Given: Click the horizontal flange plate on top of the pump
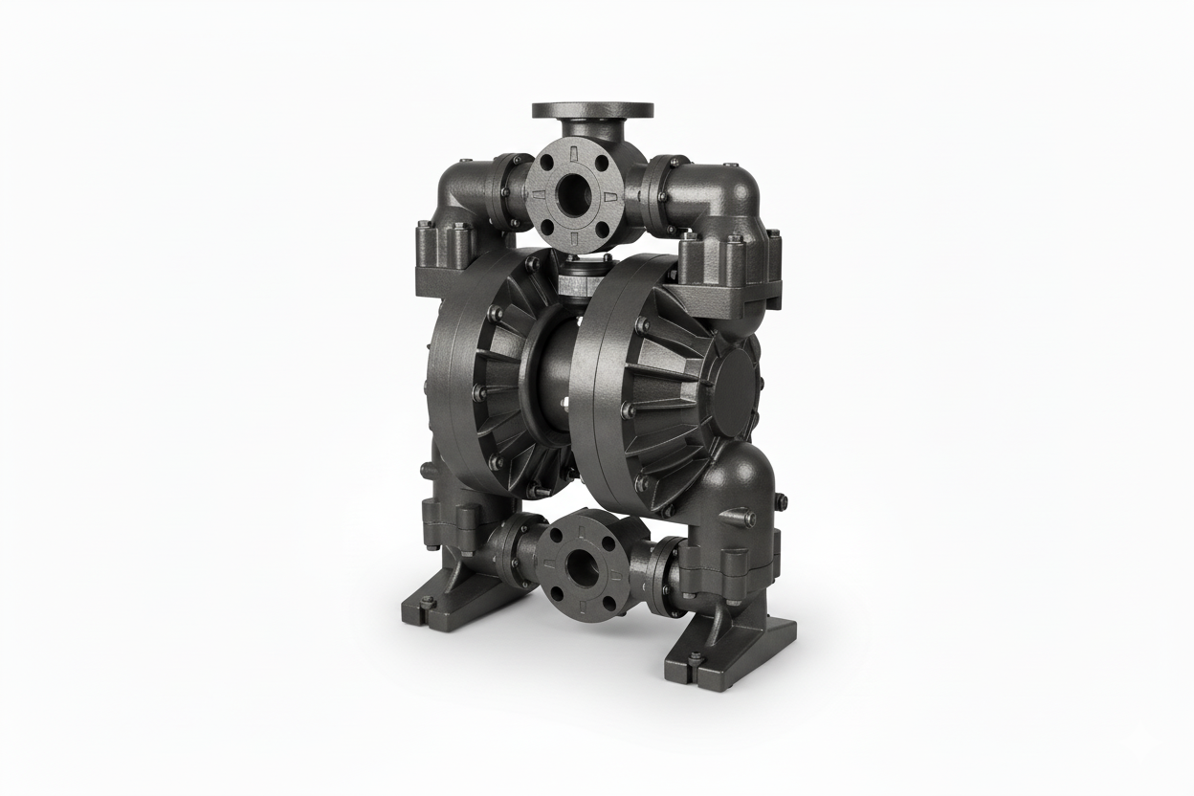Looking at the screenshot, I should coord(592,110).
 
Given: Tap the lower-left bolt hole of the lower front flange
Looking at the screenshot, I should coord(554,598).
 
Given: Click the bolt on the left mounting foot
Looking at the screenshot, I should coord(427,602).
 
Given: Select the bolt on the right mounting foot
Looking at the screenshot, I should coord(696,658).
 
